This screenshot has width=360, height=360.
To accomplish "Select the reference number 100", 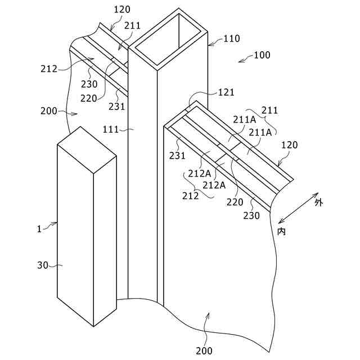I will coord(262,55).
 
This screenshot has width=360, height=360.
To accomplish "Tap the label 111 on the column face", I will coord(110,129).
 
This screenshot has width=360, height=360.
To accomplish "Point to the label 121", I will coord(226,92).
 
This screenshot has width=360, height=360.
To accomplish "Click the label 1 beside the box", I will coord(39,228).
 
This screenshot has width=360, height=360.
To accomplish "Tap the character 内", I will coord(281,231).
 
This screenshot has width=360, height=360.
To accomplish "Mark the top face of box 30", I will coord(87,149).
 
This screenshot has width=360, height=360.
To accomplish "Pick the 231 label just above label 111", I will coord(117,106).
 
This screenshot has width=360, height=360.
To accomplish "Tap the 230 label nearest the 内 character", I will coord(251,215).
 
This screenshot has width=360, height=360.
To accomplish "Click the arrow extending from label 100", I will coord(245,58).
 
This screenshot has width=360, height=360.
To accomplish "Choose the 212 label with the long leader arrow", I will coord(49,69).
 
